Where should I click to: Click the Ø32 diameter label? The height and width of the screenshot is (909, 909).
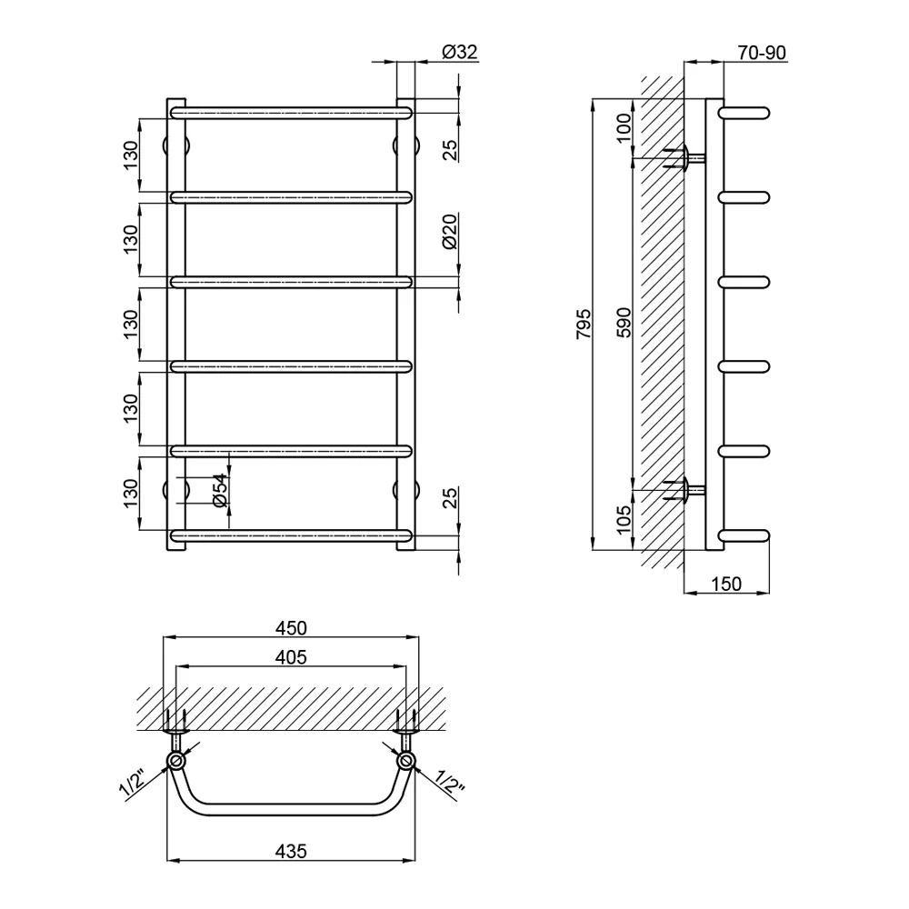coord(460,52)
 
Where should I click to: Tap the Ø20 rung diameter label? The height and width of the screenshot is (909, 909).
coord(450,231)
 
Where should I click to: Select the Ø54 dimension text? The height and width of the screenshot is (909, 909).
coord(220,491)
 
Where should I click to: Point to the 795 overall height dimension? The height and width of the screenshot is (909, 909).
coord(584,325)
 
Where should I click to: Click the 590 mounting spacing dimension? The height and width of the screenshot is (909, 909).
coord(624,323)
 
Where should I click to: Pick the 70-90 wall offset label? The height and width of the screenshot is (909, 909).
coord(762,53)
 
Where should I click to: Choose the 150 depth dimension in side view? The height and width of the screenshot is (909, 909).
coord(725,584)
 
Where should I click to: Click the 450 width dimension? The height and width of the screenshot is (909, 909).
coord(291,628)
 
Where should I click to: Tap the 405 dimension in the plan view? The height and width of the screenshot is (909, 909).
coord(291,657)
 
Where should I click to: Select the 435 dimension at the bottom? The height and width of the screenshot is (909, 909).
coord(291,851)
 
